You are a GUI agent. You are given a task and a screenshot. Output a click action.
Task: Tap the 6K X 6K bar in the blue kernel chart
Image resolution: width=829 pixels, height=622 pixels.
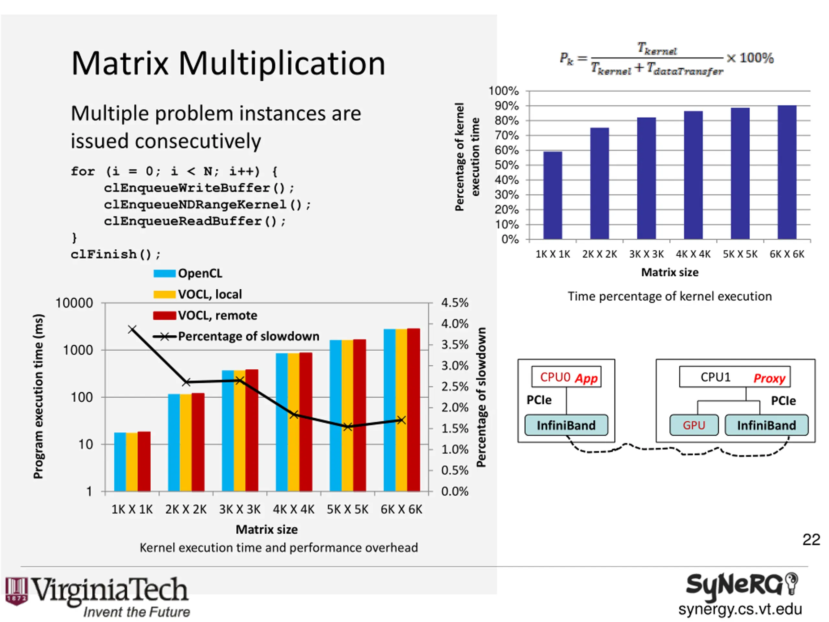787,172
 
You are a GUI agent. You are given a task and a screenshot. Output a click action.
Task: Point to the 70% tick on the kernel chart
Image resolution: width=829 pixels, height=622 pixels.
507,135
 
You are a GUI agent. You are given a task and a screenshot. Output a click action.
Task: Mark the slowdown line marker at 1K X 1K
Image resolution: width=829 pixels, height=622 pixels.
132,329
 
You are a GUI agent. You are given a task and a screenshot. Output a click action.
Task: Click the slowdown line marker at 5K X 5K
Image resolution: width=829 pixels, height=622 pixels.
347,427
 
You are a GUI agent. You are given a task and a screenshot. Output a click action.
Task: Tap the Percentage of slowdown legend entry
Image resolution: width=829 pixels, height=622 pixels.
236,336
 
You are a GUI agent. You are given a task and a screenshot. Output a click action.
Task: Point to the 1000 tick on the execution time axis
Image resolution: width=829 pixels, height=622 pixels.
78,350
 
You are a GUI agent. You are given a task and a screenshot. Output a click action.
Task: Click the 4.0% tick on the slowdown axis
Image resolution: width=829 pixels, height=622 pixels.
455,324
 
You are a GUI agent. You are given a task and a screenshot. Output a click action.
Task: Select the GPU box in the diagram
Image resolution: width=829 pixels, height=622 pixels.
694,425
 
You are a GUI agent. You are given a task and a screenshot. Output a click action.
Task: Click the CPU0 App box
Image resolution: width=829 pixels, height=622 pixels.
566,377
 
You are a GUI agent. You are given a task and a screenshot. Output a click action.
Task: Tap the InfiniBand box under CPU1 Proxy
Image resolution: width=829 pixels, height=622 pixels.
766,425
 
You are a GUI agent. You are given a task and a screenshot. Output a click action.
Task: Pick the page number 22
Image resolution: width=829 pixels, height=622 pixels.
811,540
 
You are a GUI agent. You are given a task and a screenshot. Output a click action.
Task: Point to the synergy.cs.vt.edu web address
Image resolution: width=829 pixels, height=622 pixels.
740,609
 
